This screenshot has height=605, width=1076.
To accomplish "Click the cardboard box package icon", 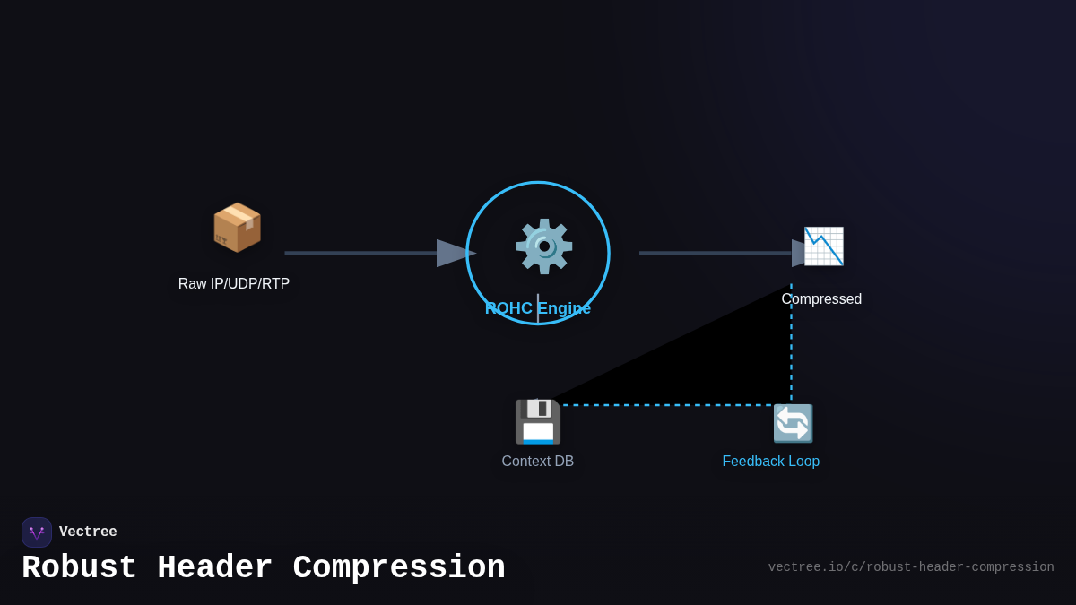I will pyautogui.click(x=237, y=227).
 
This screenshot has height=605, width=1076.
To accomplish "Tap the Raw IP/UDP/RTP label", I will pyautogui.click(x=234, y=284).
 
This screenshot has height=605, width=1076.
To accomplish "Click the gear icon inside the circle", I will pyautogui.click(x=543, y=246).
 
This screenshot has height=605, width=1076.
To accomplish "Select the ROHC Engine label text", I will pyautogui.click(x=538, y=308).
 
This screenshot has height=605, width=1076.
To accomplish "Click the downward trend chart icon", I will pyautogui.click(x=823, y=246).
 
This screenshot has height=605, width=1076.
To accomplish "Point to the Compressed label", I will pyautogui.click(x=821, y=299).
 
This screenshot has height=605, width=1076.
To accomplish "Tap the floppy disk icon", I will pyautogui.click(x=537, y=421).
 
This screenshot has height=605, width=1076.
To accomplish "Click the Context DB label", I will pyautogui.click(x=537, y=462).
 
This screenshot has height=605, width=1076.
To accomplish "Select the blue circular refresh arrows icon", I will pyautogui.click(x=793, y=423).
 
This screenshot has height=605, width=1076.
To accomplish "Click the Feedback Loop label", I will pyautogui.click(x=770, y=462).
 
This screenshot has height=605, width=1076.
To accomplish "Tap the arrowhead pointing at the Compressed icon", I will pyautogui.click(x=799, y=253).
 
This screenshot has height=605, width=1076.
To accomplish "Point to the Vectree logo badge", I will pyautogui.click(x=37, y=532).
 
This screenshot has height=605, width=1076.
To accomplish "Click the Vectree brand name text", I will pyautogui.click(x=88, y=532).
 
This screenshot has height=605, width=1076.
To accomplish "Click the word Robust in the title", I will pyautogui.click(x=79, y=568).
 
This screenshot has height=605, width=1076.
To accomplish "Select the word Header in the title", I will pyautogui.click(x=215, y=568).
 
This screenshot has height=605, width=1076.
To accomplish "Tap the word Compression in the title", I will pyautogui.click(x=399, y=568).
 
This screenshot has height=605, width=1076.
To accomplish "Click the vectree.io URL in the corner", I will pyautogui.click(x=910, y=567).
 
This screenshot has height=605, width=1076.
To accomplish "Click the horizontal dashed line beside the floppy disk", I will pyautogui.click(x=664, y=405).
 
